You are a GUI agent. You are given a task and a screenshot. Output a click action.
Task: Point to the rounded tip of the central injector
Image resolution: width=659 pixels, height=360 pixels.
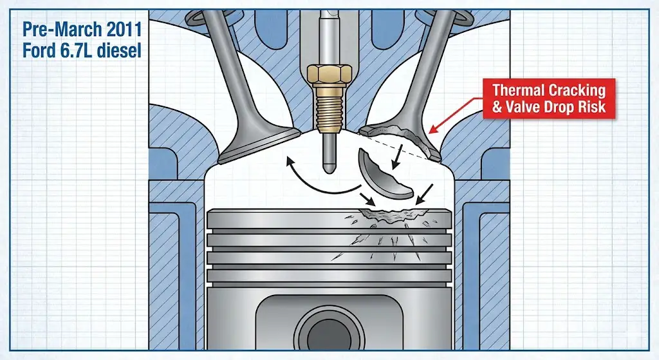click(329, 169)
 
